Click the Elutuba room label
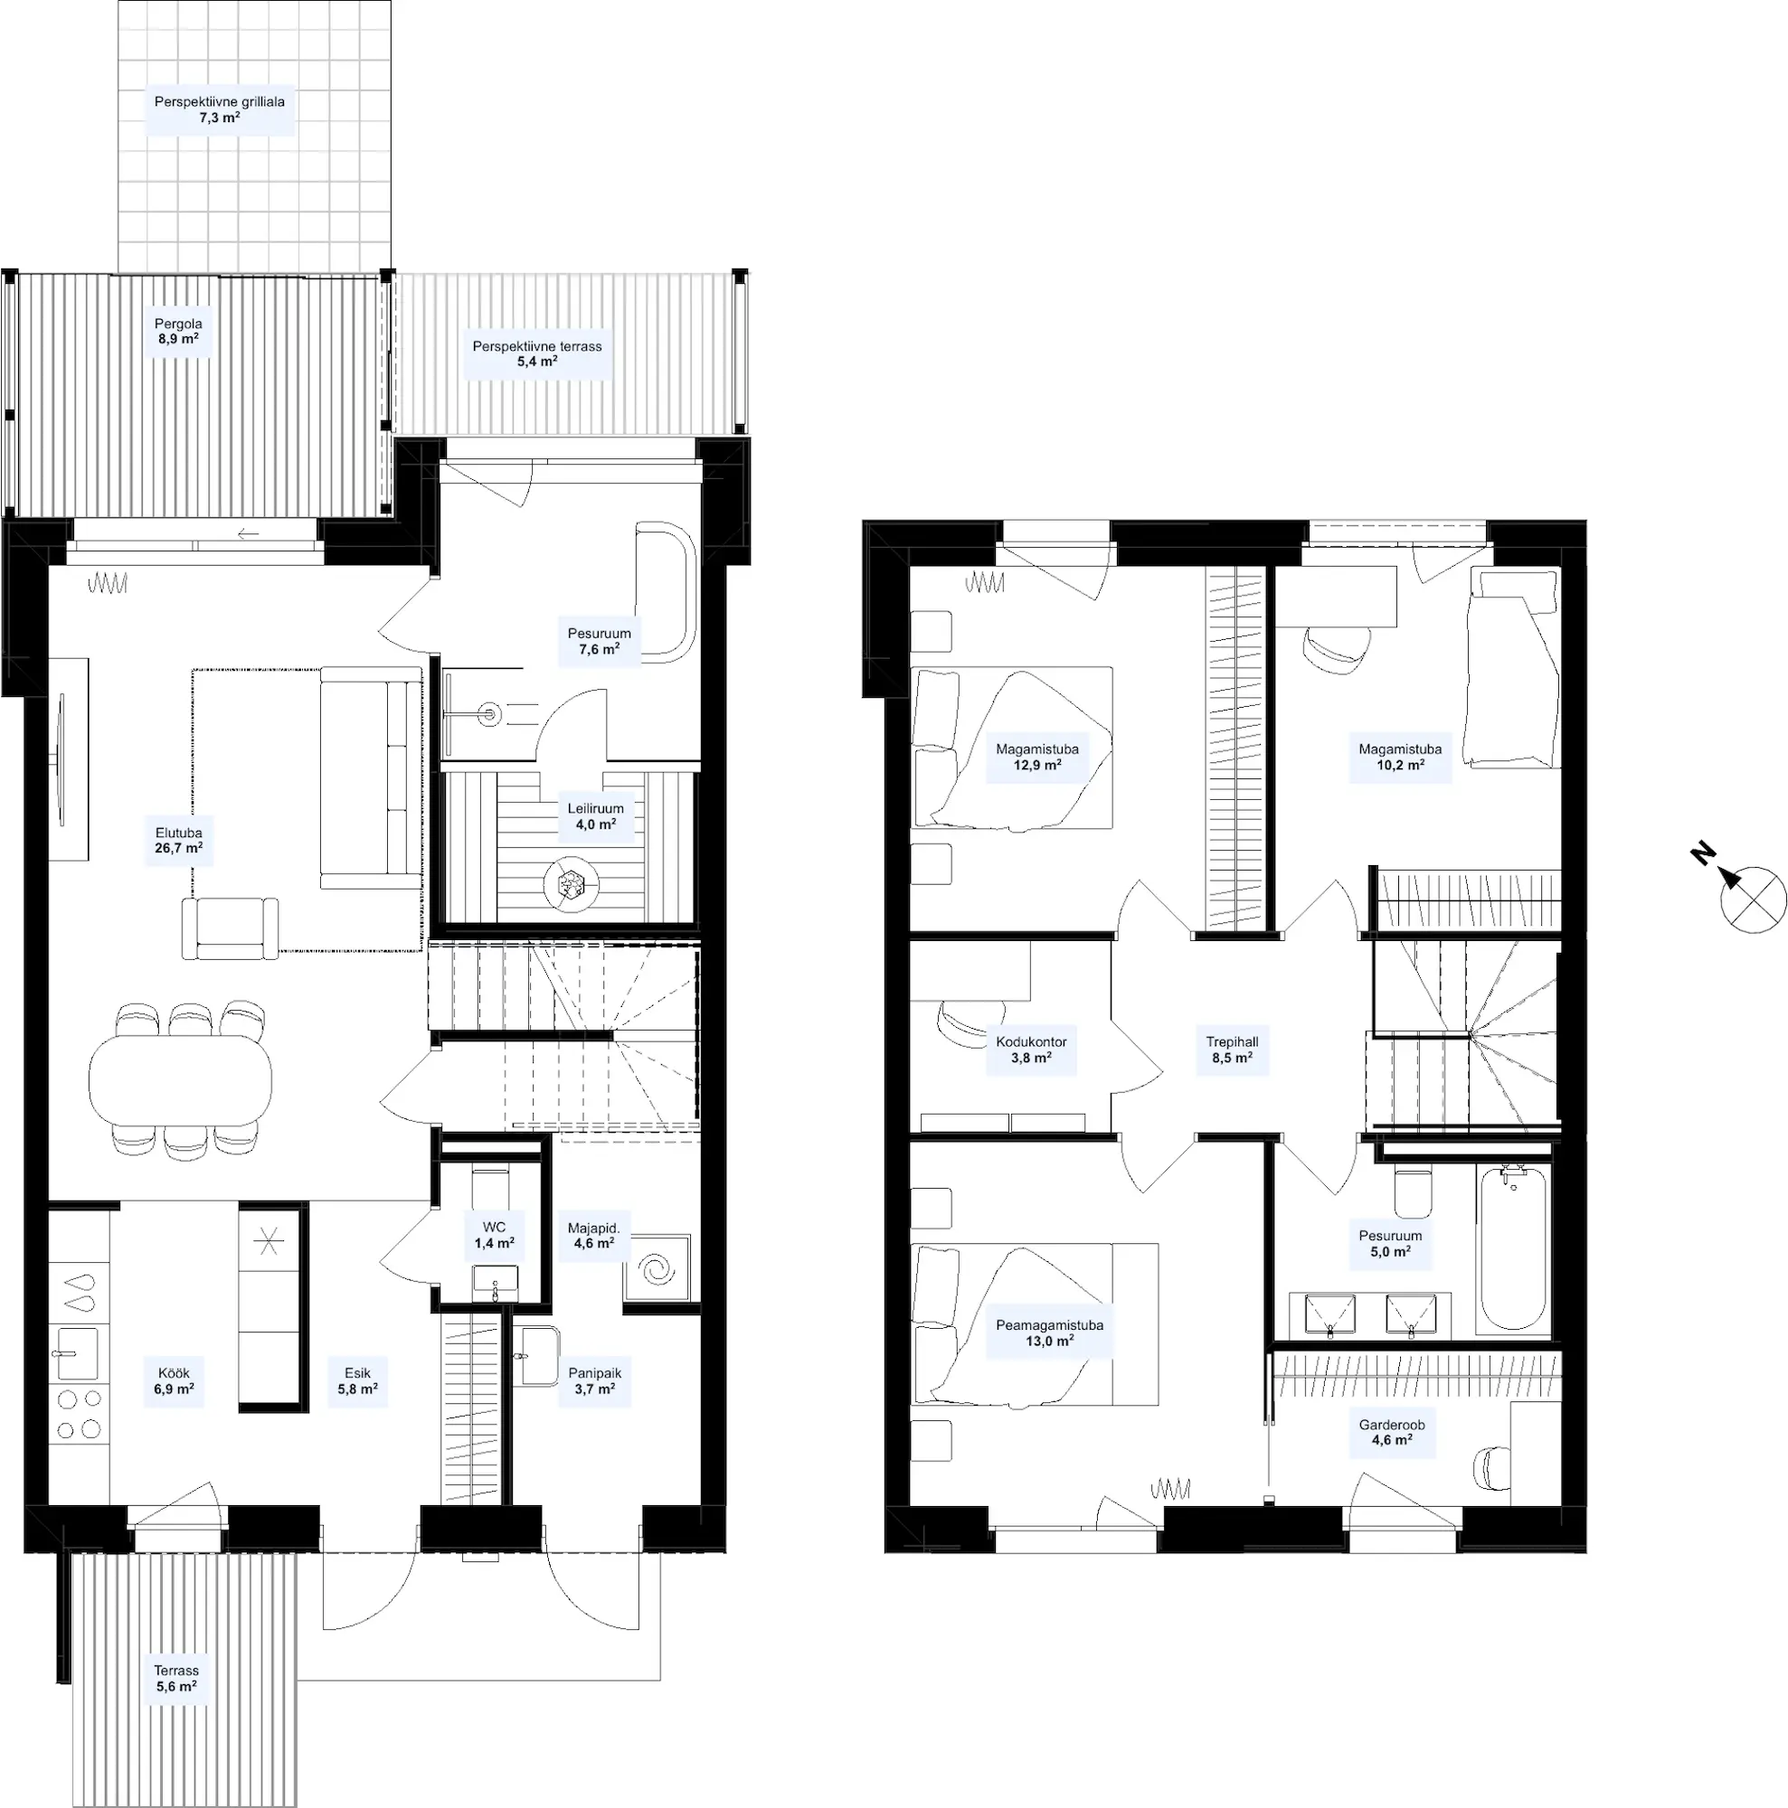(x=179, y=841)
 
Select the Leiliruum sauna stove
(x=570, y=882)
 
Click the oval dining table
(x=180, y=1079)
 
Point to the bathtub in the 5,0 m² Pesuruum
(x=1513, y=1248)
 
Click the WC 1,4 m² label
(x=495, y=1235)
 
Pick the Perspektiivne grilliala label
(x=220, y=109)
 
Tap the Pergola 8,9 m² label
(x=178, y=331)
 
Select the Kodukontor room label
(x=1031, y=1049)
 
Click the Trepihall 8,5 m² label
(x=1232, y=1049)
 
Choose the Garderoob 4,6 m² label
(x=1392, y=1433)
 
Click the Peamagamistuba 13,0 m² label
(x=1049, y=1332)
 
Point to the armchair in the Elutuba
(x=231, y=928)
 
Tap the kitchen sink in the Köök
(x=74, y=1352)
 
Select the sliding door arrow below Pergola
(x=248, y=534)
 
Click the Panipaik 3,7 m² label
(x=594, y=1381)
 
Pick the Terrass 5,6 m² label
(x=177, y=1678)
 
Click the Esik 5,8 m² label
(x=357, y=1381)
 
